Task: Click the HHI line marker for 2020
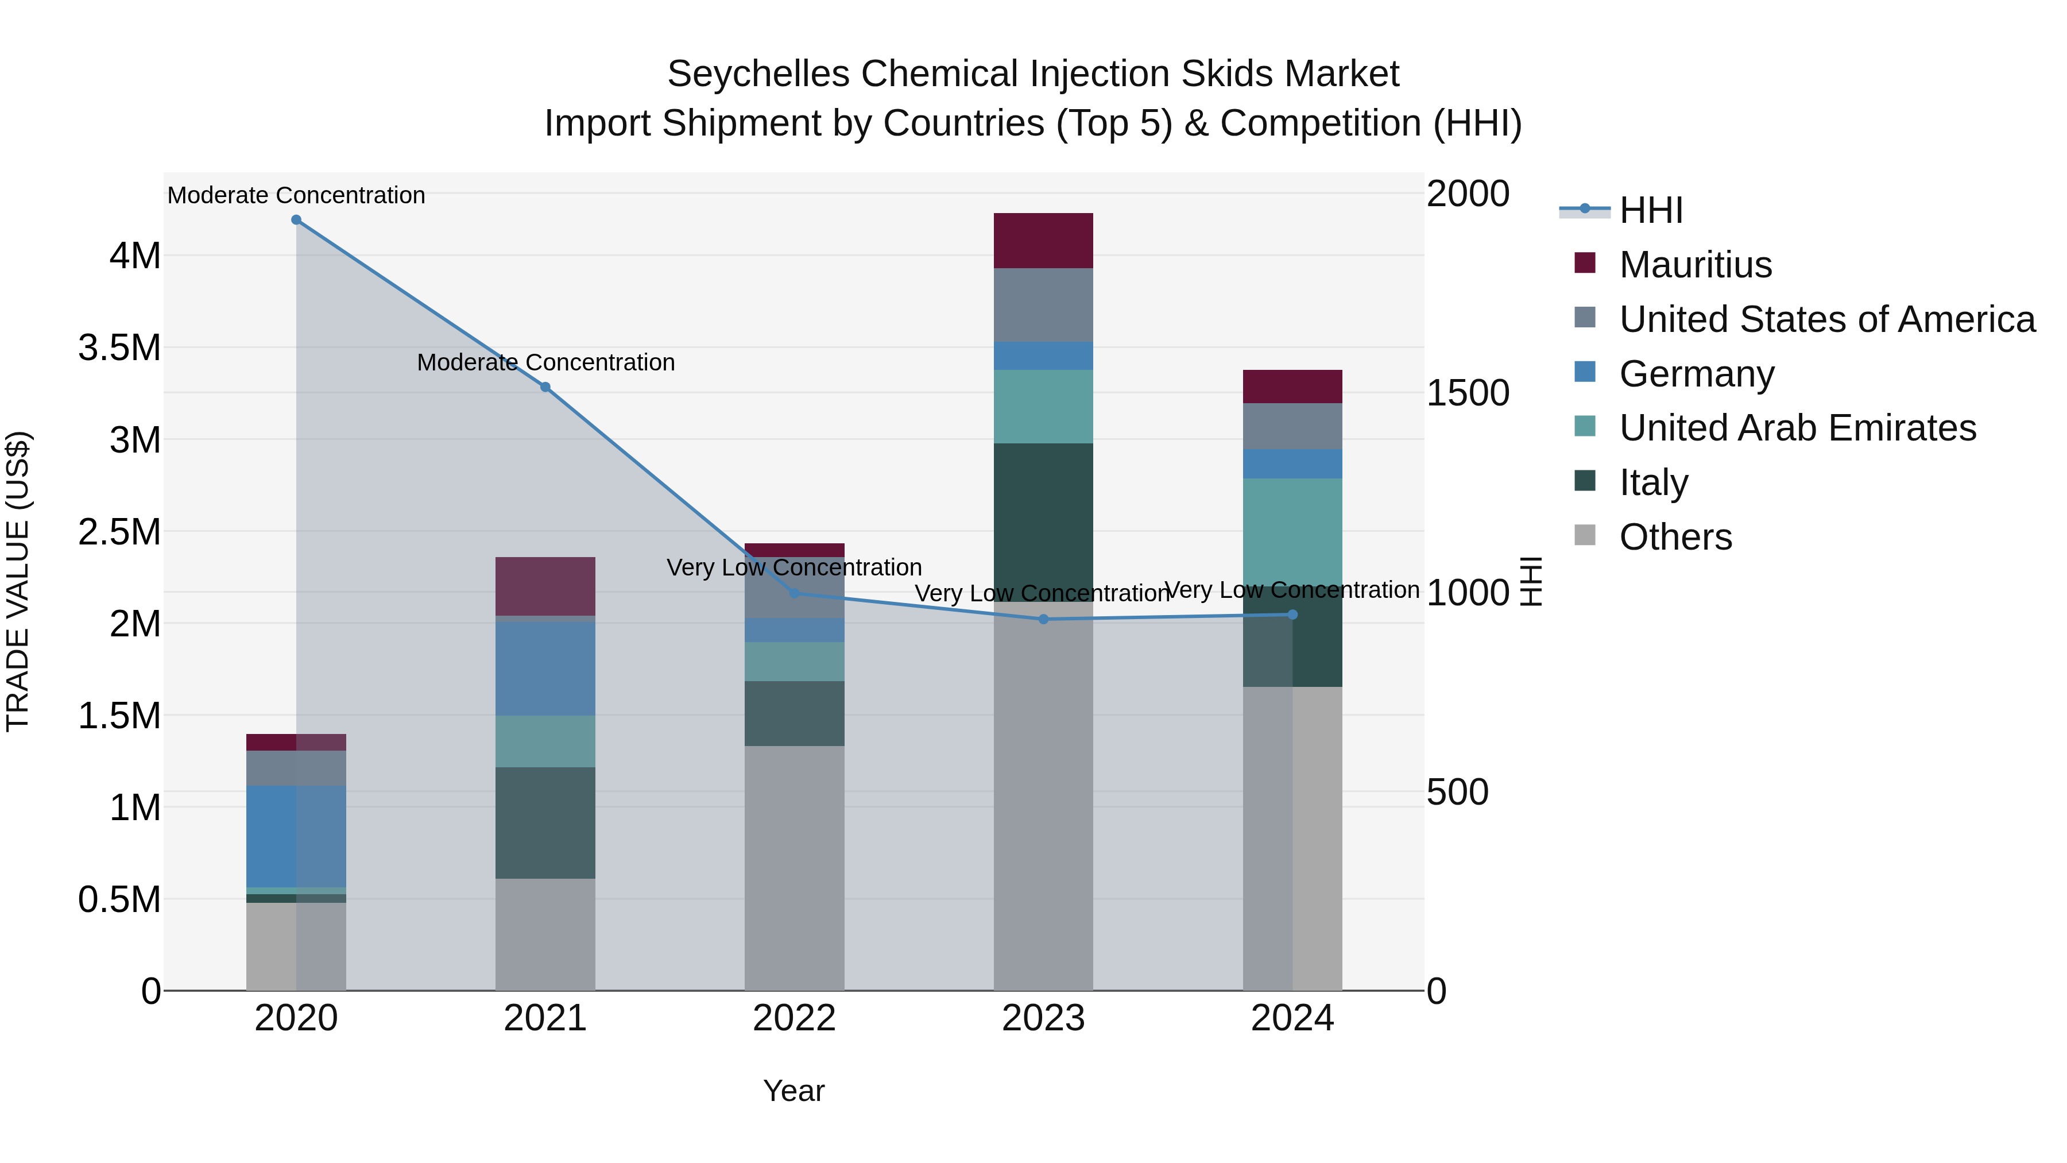pyautogui.click(x=296, y=220)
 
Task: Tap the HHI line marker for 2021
pyautogui.click(x=545, y=387)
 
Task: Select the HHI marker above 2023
pyautogui.click(x=1043, y=619)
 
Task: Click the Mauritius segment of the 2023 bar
pyautogui.click(x=1043, y=241)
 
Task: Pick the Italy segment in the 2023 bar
pyautogui.click(x=1043, y=521)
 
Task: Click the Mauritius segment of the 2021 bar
pyautogui.click(x=545, y=586)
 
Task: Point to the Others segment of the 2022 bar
pyautogui.click(x=795, y=867)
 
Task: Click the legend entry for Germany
pyautogui.click(x=1696, y=374)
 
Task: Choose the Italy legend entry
pyautogui.click(x=1654, y=482)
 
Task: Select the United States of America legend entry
pyautogui.click(x=1826, y=319)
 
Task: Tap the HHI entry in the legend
pyautogui.click(x=1651, y=210)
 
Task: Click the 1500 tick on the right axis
pyautogui.click(x=1468, y=393)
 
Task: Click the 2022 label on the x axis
pyautogui.click(x=795, y=1018)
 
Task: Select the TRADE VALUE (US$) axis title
pyautogui.click(x=18, y=581)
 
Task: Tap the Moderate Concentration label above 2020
pyautogui.click(x=296, y=195)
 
